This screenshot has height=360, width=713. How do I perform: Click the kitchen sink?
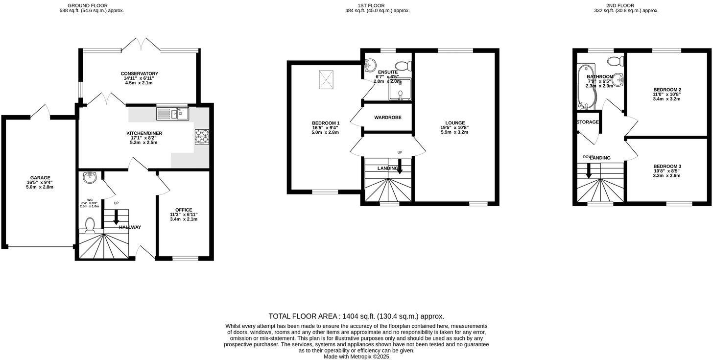pyautogui.click(x=172, y=114)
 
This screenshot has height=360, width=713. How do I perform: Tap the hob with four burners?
pyautogui.click(x=202, y=136)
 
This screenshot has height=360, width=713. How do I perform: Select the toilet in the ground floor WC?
pyautogui.click(x=90, y=224)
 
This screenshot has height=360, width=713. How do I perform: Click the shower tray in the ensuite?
pyautogui.click(x=400, y=89)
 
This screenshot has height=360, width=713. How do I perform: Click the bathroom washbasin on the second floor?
pyautogui.click(x=619, y=78)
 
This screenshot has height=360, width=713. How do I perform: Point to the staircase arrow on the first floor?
pyautogui.click(x=400, y=168)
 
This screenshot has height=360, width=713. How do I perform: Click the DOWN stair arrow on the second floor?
pyautogui.click(x=589, y=171)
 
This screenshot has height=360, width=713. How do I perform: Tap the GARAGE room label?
pyautogui.click(x=40, y=178)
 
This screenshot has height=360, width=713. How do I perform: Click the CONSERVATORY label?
pyautogui.click(x=140, y=73)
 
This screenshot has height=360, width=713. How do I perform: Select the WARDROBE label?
pyautogui.click(x=388, y=118)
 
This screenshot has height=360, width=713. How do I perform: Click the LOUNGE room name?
pyautogui.click(x=455, y=123)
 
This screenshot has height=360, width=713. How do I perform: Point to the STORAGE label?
pyautogui.click(x=588, y=122)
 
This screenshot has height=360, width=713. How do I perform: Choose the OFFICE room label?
pyautogui.click(x=184, y=210)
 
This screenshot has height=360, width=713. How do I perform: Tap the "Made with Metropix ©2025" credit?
pyautogui.click(x=356, y=357)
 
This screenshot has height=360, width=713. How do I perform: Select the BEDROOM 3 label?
pyautogui.click(x=667, y=166)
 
